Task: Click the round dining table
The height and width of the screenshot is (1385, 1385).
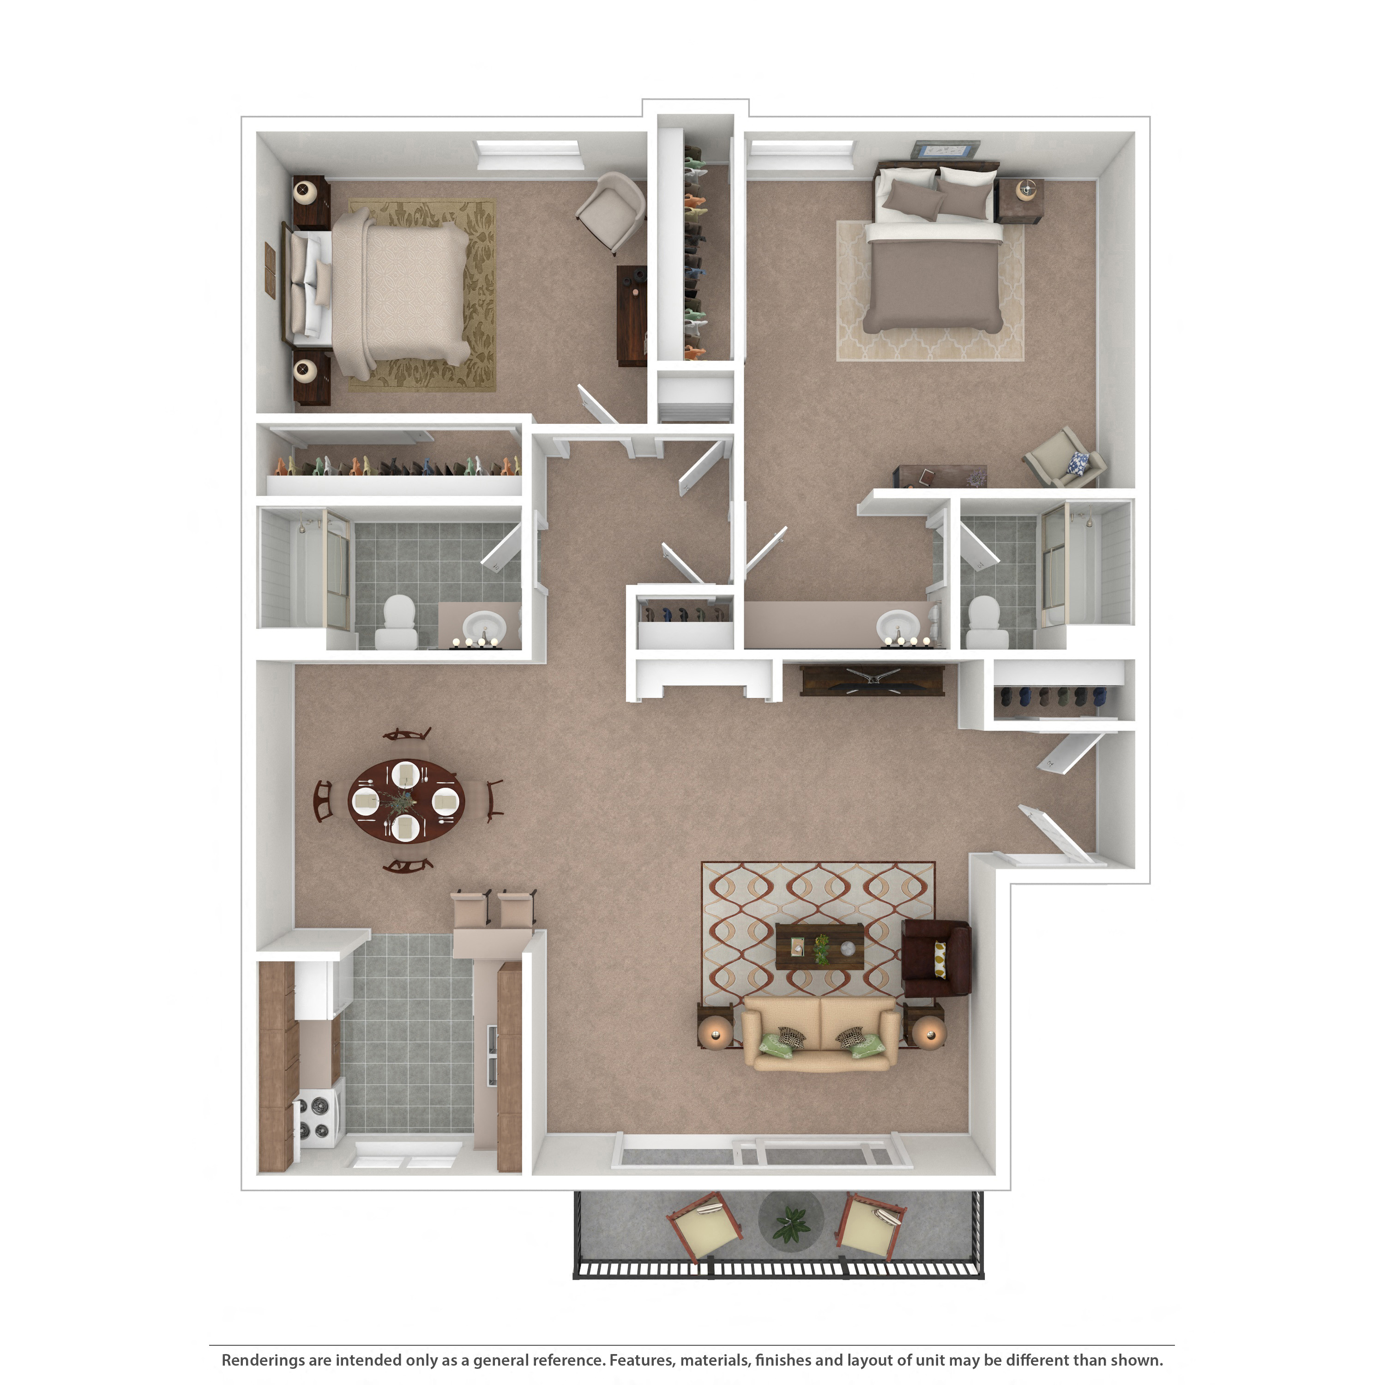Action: [406, 801]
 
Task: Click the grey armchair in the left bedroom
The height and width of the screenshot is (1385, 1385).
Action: [612, 210]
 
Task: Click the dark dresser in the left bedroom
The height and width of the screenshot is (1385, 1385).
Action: [632, 315]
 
